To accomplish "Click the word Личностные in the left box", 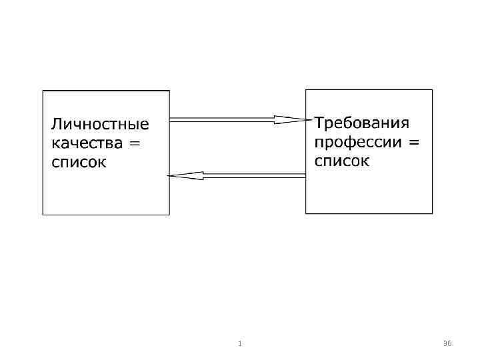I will (x=100, y=125).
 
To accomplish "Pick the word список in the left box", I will (x=78, y=163).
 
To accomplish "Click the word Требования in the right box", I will (x=361, y=123).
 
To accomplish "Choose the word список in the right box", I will (x=341, y=161).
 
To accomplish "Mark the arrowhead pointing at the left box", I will (x=183, y=175).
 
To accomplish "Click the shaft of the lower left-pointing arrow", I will (x=253, y=175).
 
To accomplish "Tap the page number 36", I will (x=447, y=343).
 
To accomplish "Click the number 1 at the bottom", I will (x=239, y=343).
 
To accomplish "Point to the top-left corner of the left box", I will (x=43, y=91).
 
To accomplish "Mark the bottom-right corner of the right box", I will (x=432, y=213).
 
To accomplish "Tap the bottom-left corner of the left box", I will (x=43, y=214).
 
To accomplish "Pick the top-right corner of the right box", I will (x=432, y=89).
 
